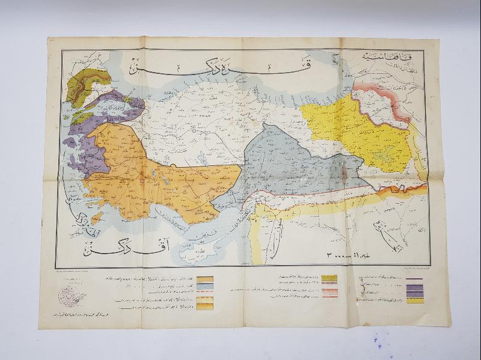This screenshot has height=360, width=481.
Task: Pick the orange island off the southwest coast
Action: (96, 218)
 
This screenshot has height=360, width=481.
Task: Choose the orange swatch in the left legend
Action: (206, 280)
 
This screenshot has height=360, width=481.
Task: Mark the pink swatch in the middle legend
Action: (330, 293)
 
